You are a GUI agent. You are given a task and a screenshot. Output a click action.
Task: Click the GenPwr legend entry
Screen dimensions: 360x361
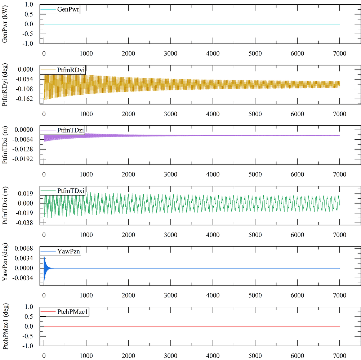click(68, 9)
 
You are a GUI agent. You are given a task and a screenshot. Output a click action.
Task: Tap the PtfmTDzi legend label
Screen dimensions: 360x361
click(71, 130)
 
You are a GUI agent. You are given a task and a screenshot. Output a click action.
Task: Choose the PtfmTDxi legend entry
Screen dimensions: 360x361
click(71, 190)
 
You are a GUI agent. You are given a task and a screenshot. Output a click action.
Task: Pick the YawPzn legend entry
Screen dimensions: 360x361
click(68, 252)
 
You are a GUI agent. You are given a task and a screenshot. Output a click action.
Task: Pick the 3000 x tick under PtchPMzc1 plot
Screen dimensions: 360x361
click(170, 356)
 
